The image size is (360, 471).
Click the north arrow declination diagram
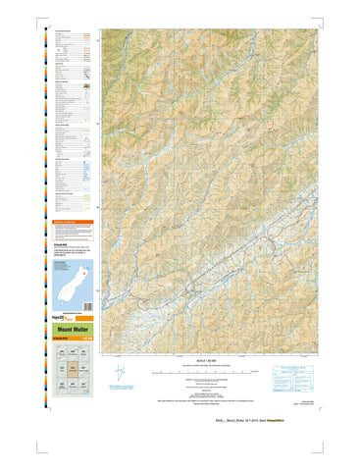point(121,373)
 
